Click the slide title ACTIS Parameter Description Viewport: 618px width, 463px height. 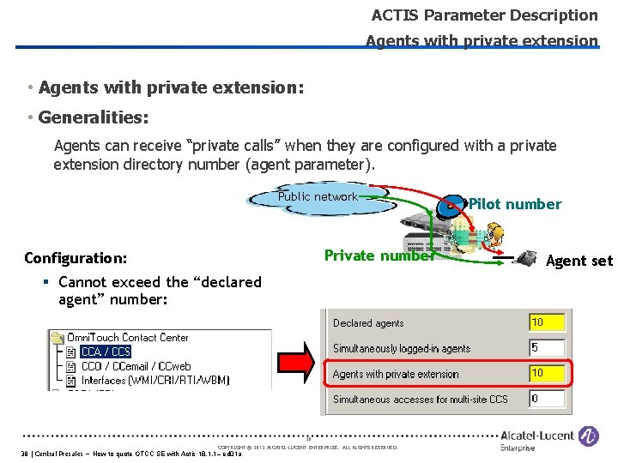[484, 15]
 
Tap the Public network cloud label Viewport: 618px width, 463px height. [318, 197]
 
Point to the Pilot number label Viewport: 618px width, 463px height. [515, 204]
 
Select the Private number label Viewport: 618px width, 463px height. [379, 256]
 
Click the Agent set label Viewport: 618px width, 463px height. [579, 261]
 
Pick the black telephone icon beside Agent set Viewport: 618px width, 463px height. [525, 256]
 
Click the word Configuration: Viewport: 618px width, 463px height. [76, 258]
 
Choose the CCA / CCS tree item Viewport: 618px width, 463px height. [106, 352]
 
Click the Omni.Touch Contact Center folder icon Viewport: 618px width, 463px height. [58, 338]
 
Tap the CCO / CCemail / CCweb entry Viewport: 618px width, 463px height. [136, 366]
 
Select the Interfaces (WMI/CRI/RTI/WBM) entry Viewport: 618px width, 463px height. [162, 380]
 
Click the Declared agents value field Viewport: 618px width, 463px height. [547, 322]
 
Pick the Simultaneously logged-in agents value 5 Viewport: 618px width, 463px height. [547, 348]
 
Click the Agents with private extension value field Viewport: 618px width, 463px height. [547, 373]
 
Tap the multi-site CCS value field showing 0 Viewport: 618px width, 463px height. [547, 399]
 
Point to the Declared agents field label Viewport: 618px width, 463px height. [368, 323]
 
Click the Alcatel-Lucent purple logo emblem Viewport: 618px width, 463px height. [589, 436]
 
